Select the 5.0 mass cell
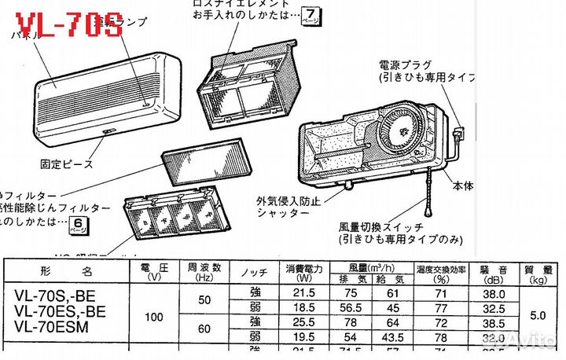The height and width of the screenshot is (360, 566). (538, 314)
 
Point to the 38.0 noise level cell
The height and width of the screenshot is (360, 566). (492, 292)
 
